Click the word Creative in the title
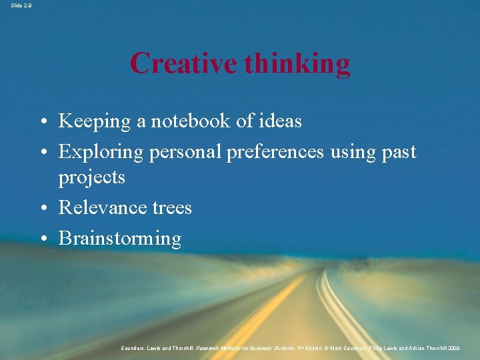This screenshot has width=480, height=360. pyautogui.click(x=184, y=64)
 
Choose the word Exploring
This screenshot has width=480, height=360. pyautogui.click(x=101, y=152)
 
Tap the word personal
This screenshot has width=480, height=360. pyautogui.click(x=186, y=153)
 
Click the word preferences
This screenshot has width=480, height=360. pyautogui.click(x=275, y=152)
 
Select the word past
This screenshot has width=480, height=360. pyautogui.click(x=399, y=153)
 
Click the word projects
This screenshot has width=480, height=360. pyautogui.click(x=91, y=177)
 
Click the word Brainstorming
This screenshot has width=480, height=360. pyautogui.click(x=120, y=239)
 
